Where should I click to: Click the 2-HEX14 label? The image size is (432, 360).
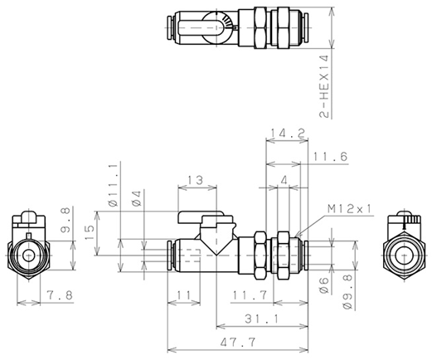[x=324, y=86]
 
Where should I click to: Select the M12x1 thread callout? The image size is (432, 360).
[x=350, y=209]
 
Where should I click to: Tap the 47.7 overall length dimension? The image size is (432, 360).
[x=238, y=343]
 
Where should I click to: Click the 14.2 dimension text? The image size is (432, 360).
[x=288, y=133]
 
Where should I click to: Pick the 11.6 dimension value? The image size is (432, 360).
[x=330, y=157]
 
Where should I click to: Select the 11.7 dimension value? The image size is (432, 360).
[x=250, y=295]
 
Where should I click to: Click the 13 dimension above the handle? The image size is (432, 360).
[x=196, y=180]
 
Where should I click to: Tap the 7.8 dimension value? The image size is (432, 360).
[x=60, y=295]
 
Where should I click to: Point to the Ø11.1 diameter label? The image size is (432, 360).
[x=114, y=184]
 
